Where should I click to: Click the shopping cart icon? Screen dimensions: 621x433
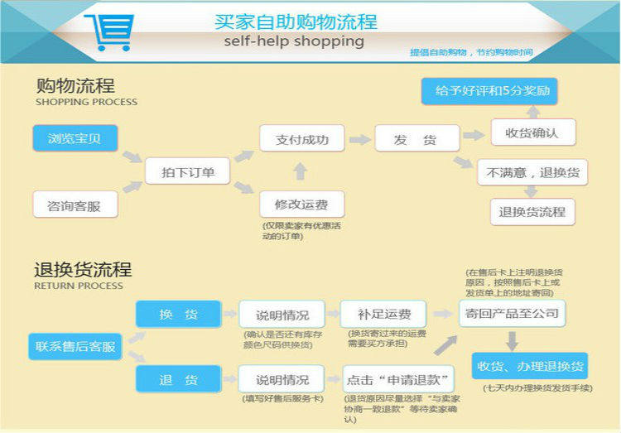coord(108,31)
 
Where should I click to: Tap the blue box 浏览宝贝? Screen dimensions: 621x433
coord(75,138)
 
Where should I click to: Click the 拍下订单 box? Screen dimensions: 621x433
coord(189,172)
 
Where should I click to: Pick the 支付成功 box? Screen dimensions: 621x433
coord(302,139)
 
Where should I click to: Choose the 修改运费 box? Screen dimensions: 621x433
coord(302,204)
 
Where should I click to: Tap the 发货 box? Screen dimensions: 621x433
coord(416,139)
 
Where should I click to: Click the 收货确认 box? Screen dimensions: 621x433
coord(532,132)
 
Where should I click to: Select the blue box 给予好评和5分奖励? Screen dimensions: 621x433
coord(486,90)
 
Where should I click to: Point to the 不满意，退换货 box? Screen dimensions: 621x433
coord(532,173)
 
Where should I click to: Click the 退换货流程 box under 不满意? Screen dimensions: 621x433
coord(532,211)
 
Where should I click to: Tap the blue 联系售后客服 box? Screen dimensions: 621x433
coord(75,345)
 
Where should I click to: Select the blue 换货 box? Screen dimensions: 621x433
coord(179,315)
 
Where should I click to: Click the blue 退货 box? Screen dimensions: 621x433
coord(179,380)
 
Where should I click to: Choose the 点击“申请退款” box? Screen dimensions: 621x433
coord(399,380)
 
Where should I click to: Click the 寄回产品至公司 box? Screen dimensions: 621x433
coord(513,313)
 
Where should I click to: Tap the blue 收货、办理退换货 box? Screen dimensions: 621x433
coord(528,366)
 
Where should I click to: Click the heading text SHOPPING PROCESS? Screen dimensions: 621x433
coord(86,103)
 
